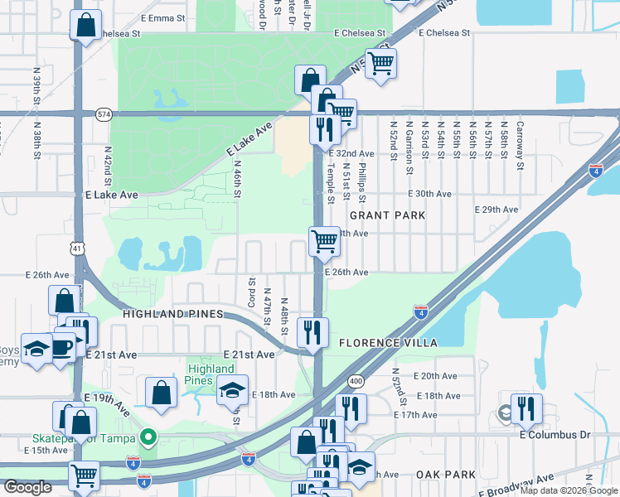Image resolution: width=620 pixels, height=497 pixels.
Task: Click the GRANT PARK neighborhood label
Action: click(387, 215)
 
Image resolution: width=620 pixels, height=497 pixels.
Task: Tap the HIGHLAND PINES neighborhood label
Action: click(172, 315)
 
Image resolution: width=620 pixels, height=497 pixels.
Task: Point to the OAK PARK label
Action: click(446, 475)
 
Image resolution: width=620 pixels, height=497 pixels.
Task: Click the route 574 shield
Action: click(104, 113)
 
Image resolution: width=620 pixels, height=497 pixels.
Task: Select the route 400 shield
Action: click(356, 380)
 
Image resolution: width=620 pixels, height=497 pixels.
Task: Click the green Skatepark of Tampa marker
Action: click(148, 436)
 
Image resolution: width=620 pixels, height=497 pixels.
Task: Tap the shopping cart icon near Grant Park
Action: click(324, 241)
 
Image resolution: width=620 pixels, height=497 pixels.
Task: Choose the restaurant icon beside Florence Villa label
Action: click(312, 332)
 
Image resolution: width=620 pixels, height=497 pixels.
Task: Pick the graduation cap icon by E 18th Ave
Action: click(233, 388)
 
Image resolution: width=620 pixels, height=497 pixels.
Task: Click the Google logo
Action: click(27, 487)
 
